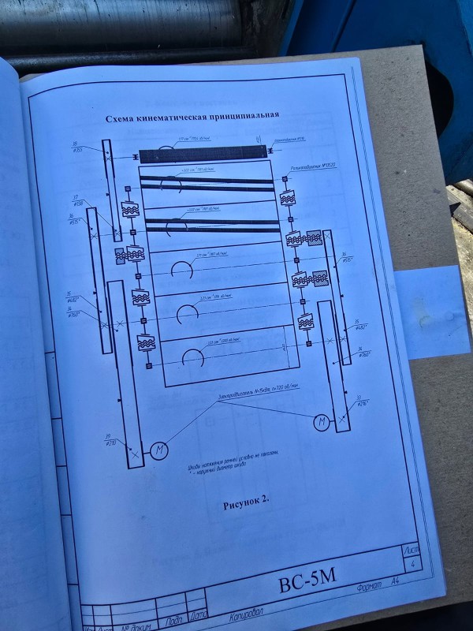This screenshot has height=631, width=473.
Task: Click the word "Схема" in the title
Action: pyautogui.click(x=124, y=119)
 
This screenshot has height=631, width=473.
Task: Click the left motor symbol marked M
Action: pyautogui.click(x=158, y=450)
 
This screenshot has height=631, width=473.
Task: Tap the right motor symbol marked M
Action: pyautogui.click(x=322, y=423)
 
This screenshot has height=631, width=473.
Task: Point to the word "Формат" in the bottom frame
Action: pyautogui.click(x=369, y=586)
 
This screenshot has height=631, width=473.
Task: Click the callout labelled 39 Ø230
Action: pyautogui.click(x=111, y=440)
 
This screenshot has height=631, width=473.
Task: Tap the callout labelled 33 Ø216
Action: pyautogui.click(x=363, y=401)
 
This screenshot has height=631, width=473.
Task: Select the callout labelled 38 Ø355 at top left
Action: pyautogui.click(x=77, y=146)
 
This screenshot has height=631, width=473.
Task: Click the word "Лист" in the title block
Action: pyautogui.click(x=411, y=547)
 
